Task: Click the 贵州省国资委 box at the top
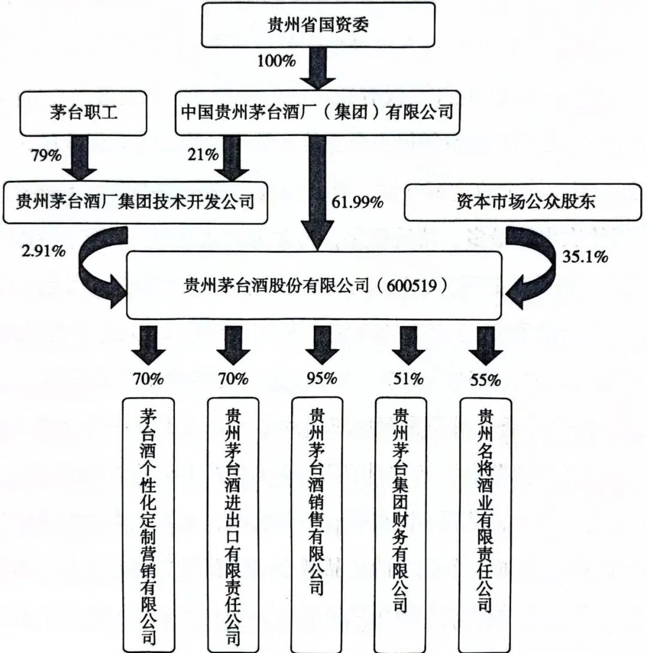point(318,26)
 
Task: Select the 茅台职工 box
point(83,113)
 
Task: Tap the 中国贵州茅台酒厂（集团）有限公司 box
point(317,113)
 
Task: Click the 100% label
point(276,61)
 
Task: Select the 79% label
point(46,156)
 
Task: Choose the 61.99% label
point(357,202)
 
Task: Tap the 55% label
point(485,380)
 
